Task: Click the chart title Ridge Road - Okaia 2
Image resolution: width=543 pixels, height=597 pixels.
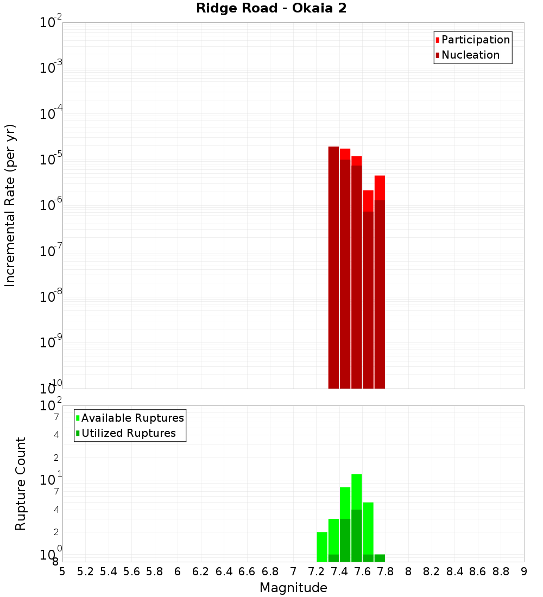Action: [271, 8]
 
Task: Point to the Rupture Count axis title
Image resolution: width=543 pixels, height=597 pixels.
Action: [21, 484]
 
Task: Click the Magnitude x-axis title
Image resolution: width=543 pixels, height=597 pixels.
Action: [293, 588]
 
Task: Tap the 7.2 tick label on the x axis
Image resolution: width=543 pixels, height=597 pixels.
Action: [317, 571]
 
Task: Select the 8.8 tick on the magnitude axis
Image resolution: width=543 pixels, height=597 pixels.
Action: [501, 571]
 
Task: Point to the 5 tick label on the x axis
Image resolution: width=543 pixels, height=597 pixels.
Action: [62, 571]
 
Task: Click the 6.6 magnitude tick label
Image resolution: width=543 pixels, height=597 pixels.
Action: [247, 571]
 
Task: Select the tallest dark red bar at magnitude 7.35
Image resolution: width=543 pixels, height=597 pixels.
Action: [333, 266]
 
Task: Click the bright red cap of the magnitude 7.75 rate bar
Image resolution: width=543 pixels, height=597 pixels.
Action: [380, 188]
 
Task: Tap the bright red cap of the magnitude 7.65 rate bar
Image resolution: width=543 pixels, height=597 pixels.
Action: [368, 200]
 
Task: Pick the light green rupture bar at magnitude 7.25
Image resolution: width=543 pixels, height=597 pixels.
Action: [322, 547]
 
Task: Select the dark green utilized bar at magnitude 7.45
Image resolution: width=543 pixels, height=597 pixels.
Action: [345, 540]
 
